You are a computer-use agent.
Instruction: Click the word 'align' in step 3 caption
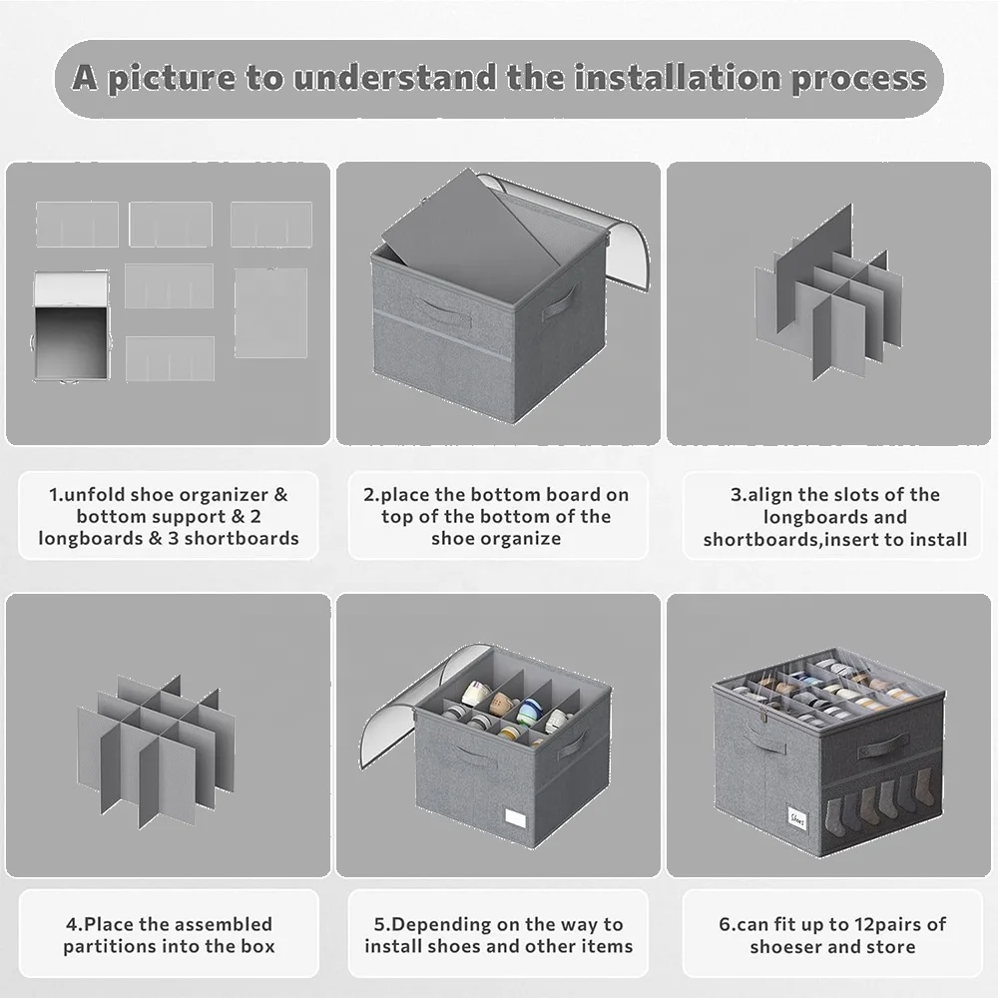[769, 495]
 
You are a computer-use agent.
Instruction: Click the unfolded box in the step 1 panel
[71, 326]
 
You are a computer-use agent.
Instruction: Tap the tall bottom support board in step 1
[271, 311]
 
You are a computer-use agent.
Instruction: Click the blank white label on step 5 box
[516, 818]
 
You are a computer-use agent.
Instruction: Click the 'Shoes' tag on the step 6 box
[796, 818]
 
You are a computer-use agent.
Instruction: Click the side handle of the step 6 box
[882, 747]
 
